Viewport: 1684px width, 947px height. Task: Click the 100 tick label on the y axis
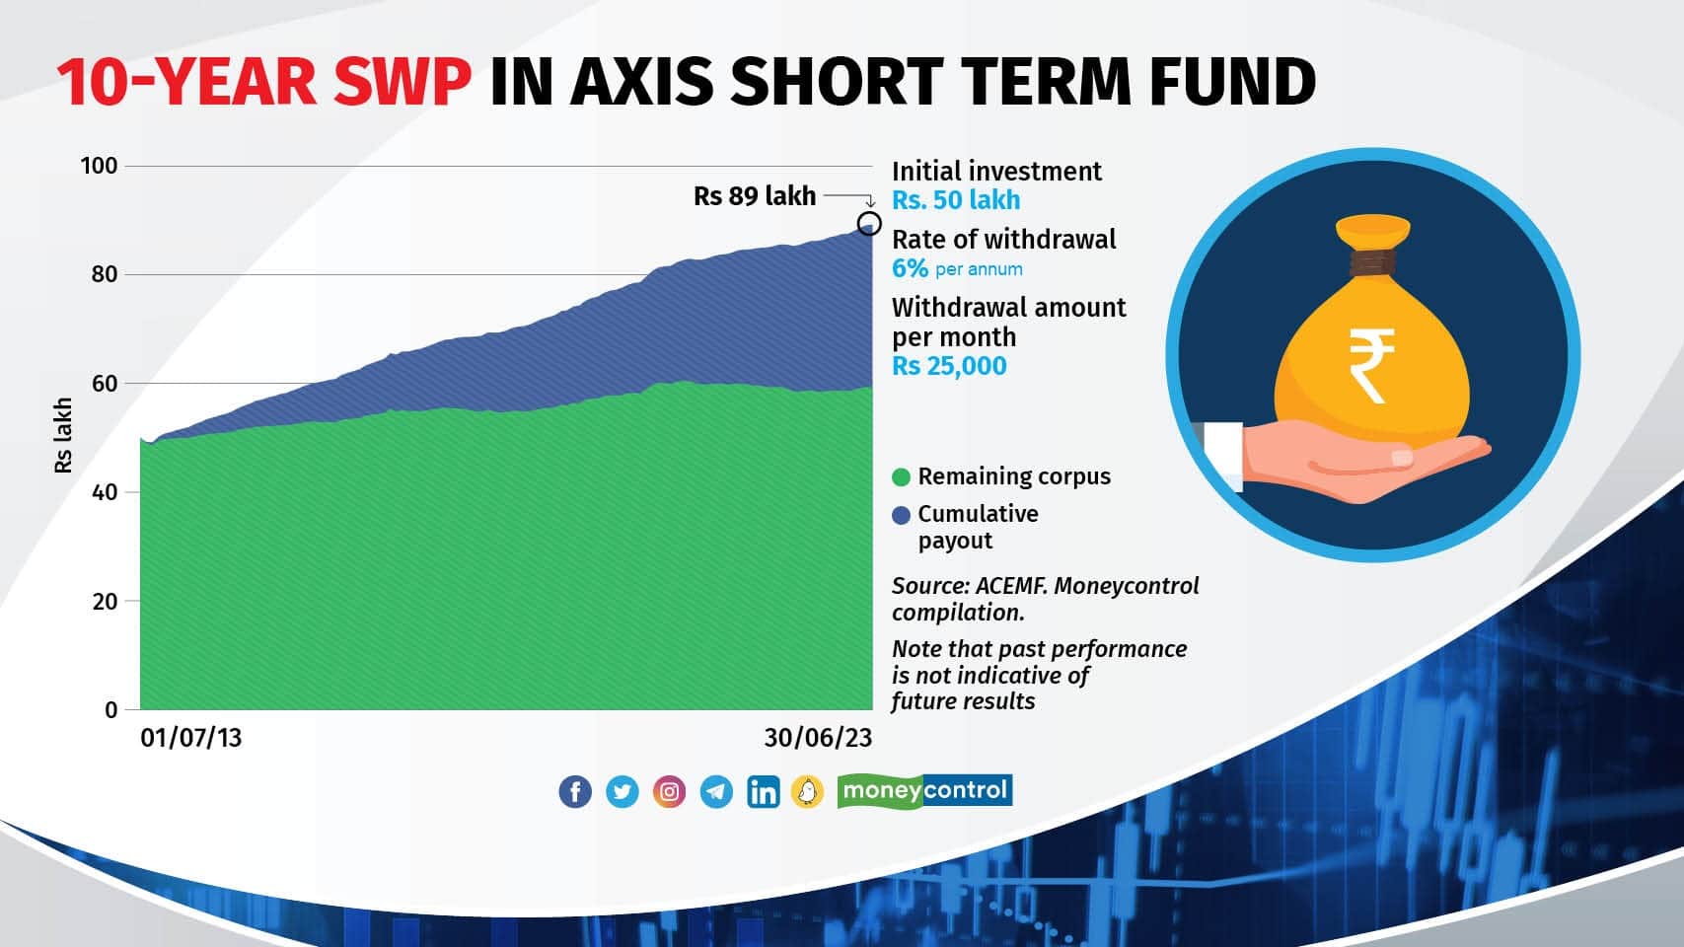pyautogui.click(x=99, y=166)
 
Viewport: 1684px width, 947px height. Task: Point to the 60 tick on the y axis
pyautogui.click(x=105, y=384)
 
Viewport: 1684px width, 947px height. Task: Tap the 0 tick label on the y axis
pyautogui.click(x=110, y=710)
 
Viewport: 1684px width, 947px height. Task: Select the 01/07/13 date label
pyautogui.click(x=190, y=739)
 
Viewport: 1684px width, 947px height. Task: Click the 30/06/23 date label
pyautogui.click(x=818, y=739)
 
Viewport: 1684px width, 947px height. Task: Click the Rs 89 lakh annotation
pyautogui.click(x=755, y=196)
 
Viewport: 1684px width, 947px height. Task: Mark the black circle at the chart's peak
pyautogui.click(x=869, y=223)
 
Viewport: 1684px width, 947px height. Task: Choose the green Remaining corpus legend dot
pyautogui.click(x=901, y=477)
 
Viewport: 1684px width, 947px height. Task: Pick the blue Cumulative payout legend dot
pyautogui.click(x=901, y=515)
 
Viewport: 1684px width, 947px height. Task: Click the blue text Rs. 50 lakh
pyautogui.click(x=956, y=200)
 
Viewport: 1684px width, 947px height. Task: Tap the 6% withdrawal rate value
pyautogui.click(x=910, y=268)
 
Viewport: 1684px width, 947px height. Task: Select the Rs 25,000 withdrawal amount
pyautogui.click(x=949, y=366)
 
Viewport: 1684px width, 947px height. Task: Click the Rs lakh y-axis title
pyautogui.click(x=64, y=435)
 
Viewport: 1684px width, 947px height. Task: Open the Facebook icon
pyautogui.click(x=575, y=792)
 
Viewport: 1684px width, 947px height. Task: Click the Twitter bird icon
pyautogui.click(x=622, y=792)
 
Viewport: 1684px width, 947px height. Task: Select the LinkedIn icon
pyautogui.click(x=764, y=792)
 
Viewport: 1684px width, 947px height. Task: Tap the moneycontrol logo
pyautogui.click(x=924, y=790)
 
